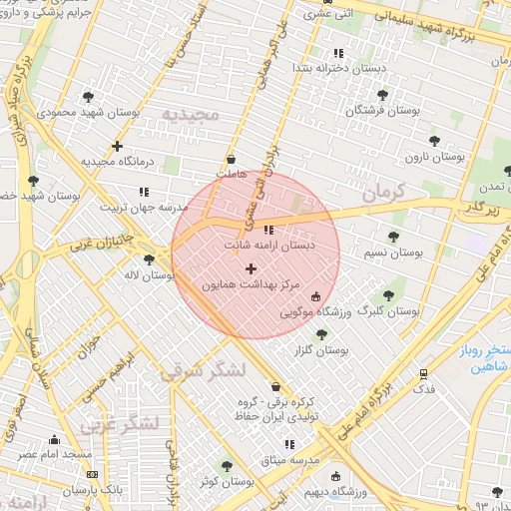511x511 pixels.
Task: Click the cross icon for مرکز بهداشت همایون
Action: (x=250, y=267)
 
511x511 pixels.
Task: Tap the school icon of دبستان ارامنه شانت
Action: (x=266, y=230)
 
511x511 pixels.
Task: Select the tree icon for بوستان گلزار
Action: (x=321, y=334)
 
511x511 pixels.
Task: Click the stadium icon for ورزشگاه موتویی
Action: (x=316, y=296)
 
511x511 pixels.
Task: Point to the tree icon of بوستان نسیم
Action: (x=392, y=237)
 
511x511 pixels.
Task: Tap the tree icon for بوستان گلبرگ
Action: (x=389, y=294)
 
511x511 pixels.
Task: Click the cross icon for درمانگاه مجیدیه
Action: (x=118, y=146)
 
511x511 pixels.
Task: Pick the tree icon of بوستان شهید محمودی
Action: (x=89, y=97)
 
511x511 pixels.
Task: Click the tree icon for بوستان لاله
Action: (x=149, y=259)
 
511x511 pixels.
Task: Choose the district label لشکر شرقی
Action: (x=204, y=370)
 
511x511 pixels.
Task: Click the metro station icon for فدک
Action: (x=424, y=374)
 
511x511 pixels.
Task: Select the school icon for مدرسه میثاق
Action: (x=289, y=444)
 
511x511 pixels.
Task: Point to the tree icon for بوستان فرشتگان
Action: (x=382, y=95)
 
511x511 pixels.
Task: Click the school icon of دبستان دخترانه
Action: (x=338, y=52)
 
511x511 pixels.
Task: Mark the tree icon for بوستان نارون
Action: (x=433, y=141)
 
